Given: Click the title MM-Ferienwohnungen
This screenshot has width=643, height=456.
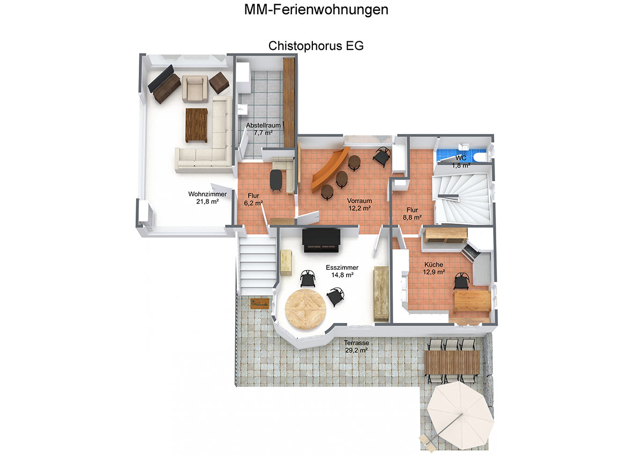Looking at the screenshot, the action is [x=316, y=10].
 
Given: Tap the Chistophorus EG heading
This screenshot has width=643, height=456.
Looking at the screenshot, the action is [x=316, y=46].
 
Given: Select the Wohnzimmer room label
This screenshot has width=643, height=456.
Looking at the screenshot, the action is [x=207, y=197].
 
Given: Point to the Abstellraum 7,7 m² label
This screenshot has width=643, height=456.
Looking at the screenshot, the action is [x=263, y=129].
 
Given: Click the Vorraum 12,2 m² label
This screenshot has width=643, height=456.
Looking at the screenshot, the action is [x=360, y=204].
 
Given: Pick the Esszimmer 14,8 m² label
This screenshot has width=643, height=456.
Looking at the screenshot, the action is [x=342, y=271].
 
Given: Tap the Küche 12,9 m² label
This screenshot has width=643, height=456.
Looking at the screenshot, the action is [x=433, y=268].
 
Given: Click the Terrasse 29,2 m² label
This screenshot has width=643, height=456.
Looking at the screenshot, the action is [x=356, y=347].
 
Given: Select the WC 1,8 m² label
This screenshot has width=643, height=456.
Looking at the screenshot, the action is [x=461, y=162].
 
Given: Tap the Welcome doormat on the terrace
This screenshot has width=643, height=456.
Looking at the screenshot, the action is [x=260, y=304].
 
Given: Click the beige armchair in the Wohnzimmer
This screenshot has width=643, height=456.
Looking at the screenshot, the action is [x=195, y=89].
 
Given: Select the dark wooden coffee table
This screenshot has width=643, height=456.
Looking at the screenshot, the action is [x=196, y=126].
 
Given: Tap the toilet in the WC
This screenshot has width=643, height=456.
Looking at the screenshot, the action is [x=480, y=157].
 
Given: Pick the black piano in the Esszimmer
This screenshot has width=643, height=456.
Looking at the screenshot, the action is [x=321, y=240].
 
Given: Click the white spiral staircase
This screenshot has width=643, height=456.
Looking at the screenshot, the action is [x=462, y=198].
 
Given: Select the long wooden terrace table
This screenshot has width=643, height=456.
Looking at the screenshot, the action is [x=452, y=362].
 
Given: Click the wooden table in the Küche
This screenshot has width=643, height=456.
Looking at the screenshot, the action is [x=472, y=301].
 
